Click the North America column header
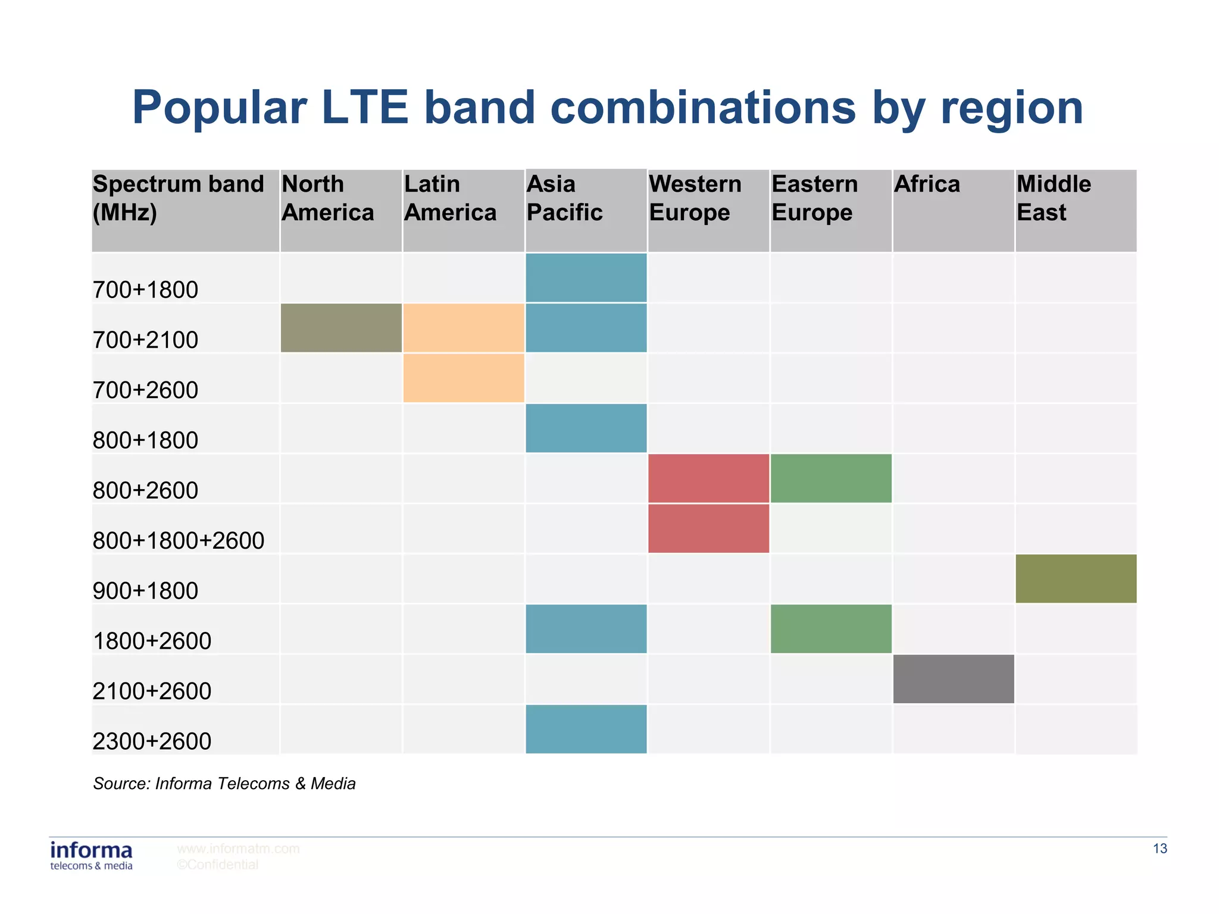[328, 199]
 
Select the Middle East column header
[1054, 199]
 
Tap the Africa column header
[927, 184]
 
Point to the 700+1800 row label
[145, 290]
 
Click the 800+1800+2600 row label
[178, 540]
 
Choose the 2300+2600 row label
[152, 741]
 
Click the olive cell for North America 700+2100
[341, 328]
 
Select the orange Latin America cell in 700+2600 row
[464, 378]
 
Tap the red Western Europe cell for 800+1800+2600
[708, 528]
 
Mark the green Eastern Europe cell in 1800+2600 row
[831, 629]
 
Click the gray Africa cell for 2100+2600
[954, 679]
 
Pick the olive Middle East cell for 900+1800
[1076, 579]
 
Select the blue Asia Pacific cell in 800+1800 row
[586, 428]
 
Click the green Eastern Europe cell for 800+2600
[831, 478]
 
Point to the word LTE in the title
[364, 108]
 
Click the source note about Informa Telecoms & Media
[224, 784]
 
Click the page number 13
[1159, 849]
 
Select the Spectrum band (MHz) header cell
[178, 199]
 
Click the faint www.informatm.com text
[238, 849]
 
